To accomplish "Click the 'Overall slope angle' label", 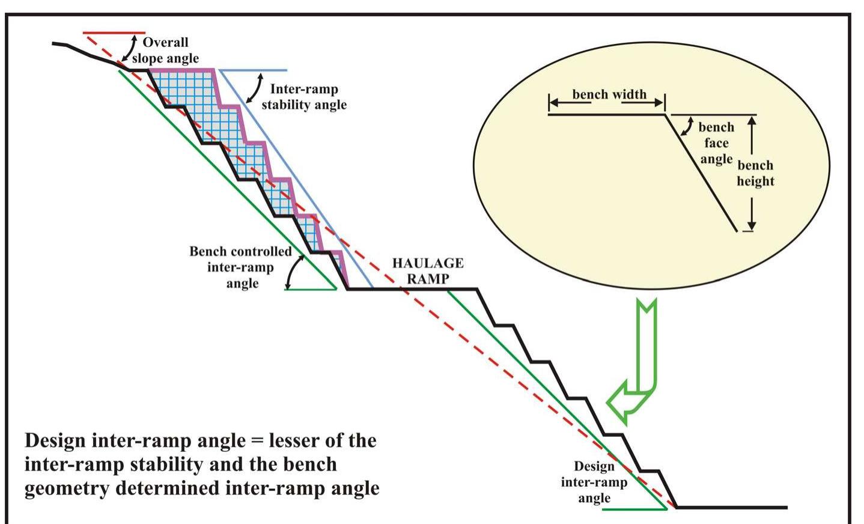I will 165,50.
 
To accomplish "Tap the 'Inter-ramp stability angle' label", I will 304,97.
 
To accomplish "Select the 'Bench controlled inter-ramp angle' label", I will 241,267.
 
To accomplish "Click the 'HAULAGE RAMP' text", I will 428,270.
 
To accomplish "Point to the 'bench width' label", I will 609,94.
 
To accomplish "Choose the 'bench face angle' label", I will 716,143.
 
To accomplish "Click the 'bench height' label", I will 755,173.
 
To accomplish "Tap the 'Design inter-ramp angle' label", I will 594,482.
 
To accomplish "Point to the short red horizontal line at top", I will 114,32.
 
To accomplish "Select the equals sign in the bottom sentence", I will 257,441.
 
